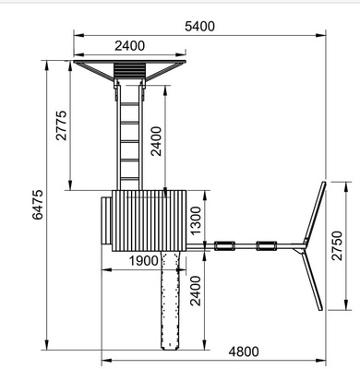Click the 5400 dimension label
[199, 27]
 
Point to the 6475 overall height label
[38, 205]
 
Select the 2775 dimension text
[61, 125]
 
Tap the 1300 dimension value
[196, 220]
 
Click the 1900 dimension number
[143, 261]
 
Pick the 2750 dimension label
[337, 245]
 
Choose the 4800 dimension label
[244, 351]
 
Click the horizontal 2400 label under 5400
[129, 46]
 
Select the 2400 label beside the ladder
[156, 141]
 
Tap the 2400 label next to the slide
[196, 291]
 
